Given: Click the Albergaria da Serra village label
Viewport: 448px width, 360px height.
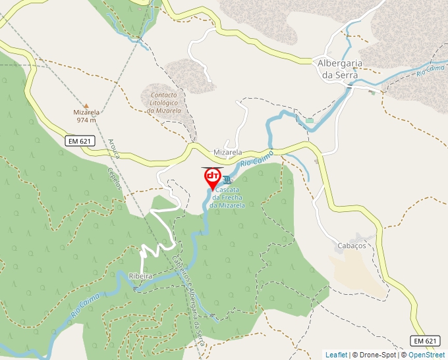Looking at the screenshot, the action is (337, 69).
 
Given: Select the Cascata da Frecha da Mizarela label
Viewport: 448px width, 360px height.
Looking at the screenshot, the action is (227, 197).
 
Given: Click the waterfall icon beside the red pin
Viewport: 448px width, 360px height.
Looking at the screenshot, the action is (227, 180).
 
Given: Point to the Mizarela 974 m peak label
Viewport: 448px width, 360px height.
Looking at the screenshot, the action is (86, 116).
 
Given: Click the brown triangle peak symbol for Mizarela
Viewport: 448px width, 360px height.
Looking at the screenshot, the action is (86, 105).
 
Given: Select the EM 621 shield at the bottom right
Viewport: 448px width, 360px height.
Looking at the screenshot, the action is (425, 340).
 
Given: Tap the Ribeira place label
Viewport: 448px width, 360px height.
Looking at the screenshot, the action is (141, 276).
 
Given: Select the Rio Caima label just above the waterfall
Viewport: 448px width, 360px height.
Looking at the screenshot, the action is (256, 157).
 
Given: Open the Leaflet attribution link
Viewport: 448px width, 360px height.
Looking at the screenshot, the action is (336, 355).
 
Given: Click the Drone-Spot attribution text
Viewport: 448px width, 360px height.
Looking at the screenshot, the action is (375, 355).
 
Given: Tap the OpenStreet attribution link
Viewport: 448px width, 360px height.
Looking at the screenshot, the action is (428, 355).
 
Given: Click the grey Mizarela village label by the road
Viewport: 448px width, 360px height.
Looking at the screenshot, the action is (228, 152).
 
